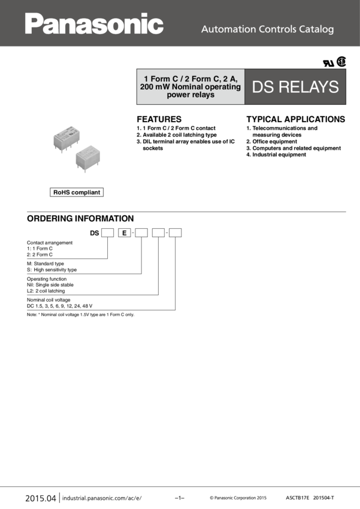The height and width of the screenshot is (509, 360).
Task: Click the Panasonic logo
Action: coord(94,24)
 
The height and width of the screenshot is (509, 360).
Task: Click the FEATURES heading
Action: coord(159,119)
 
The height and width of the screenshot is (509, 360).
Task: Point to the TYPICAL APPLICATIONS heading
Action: coord(296,119)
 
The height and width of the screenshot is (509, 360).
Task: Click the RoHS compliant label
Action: coord(77,192)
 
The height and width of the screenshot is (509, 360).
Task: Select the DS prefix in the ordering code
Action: coord(94,232)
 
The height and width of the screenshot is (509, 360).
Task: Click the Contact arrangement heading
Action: coord(50,243)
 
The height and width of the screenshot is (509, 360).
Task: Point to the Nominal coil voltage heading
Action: coord(49,299)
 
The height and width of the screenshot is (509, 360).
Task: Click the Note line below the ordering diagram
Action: coord(80,314)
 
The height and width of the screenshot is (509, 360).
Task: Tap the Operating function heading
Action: coord(46,279)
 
